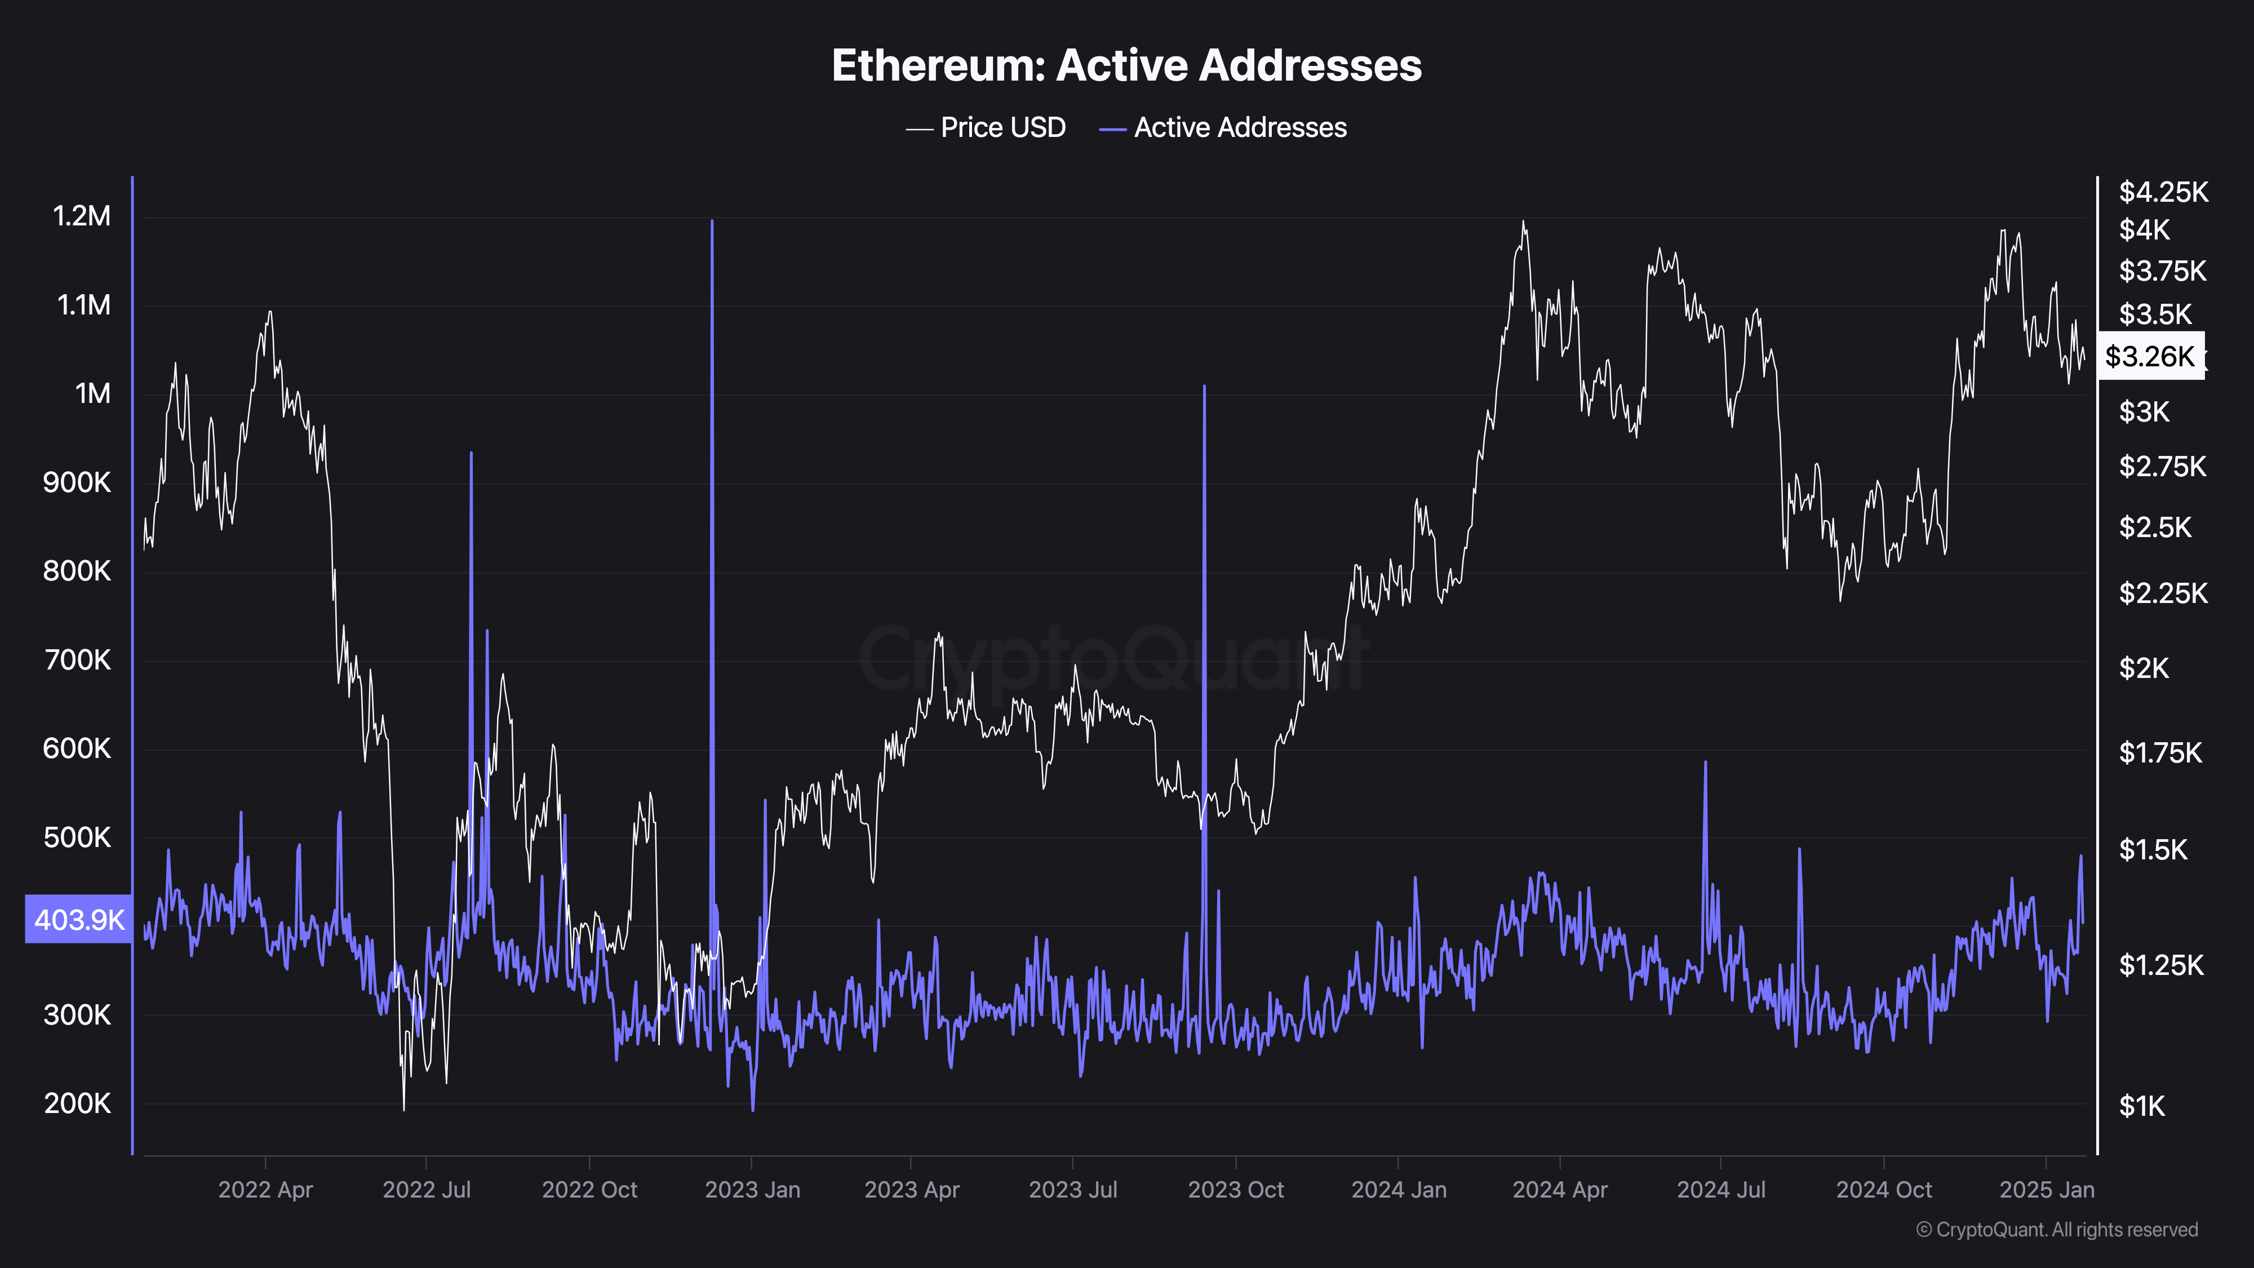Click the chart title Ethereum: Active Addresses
coord(1126,65)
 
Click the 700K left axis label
coord(77,660)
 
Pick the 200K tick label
coord(77,1103)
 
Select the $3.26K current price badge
coord(2150,356)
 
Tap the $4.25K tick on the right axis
coord(2163,192)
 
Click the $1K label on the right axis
coord(2141,1106)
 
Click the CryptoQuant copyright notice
coord(2056,1230)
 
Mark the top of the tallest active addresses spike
coord(712,221)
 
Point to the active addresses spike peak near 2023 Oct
coord(1204,386)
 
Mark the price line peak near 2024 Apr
coord(1523,221)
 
